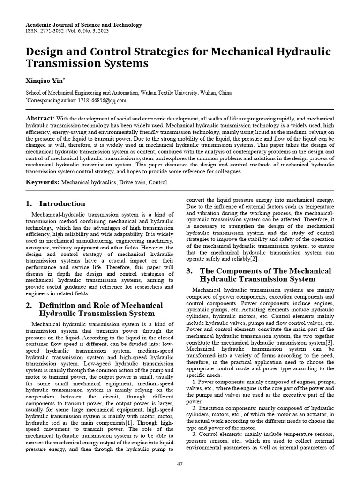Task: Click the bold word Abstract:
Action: coord(40,118)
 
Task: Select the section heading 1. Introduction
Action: coord(55,204)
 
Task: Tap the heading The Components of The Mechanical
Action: coord(265,271)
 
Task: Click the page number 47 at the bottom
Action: coord(180,464)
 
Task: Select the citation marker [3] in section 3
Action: coord(330,343)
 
